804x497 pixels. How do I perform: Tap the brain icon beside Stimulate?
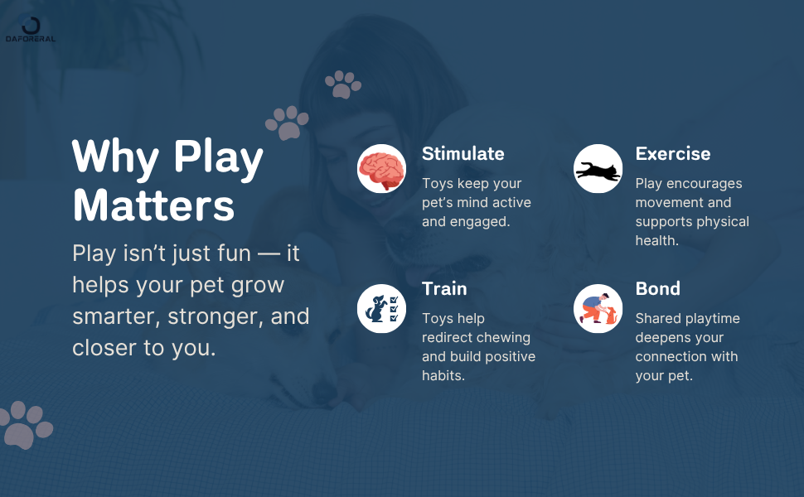(x=381, y=169)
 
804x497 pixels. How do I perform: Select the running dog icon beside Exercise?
(x=598, y=169)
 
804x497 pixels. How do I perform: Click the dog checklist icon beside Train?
(x=381, y=308)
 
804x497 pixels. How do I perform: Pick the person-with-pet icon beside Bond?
(x=598, y=308)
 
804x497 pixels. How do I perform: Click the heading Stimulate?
(x=463, y=154)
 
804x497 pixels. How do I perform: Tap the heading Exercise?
(x=672, y=154)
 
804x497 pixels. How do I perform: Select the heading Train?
(x=444, y=289)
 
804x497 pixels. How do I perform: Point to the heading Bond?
(x=657, y=289)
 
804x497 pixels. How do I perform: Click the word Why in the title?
(x=116, y=157)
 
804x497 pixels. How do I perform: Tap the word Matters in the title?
(x=153, y=205)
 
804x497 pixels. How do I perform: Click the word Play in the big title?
(x=218, y=157)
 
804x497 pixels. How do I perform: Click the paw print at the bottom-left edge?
(x=25, y=425)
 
